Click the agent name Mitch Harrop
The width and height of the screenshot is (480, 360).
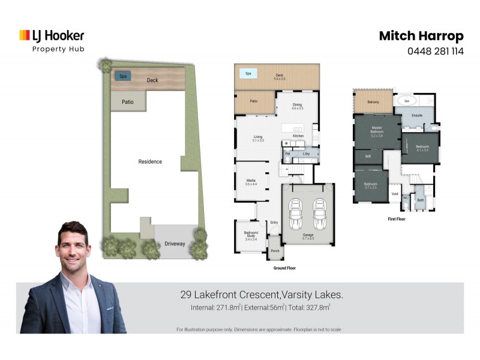coord(421,36)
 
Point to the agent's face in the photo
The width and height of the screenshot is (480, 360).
coord(76,245)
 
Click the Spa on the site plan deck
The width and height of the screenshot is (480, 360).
coord(123,76)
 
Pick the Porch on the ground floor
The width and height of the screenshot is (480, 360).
coord(275,251)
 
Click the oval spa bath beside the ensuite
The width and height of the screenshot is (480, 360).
coord(406,101)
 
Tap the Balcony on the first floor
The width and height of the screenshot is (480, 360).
coord(372,102)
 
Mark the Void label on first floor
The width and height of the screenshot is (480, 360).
coord(394,194)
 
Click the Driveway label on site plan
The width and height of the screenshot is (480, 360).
coord(175,244)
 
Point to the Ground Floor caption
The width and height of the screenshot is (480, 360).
coord(284,268)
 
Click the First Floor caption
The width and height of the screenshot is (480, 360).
coord(397,220)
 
